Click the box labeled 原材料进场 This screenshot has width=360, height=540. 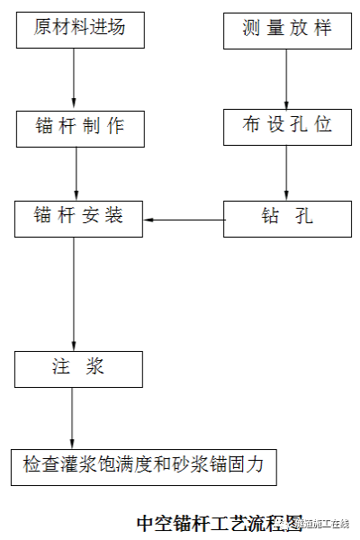tap(80, 29)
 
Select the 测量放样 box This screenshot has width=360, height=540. tap(286, 29)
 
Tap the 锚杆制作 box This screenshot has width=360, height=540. tap(80, 127)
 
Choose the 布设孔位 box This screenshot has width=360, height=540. tap(286, 126)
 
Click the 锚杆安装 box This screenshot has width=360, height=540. tap(79, 218)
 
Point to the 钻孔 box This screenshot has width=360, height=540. tap(286, 218)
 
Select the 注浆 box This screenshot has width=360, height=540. tap(79, 368)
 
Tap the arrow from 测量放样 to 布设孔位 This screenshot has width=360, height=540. tap(286, 79)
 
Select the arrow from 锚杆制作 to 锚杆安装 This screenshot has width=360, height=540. tap(76, 173)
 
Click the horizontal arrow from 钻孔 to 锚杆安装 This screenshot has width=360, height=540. tap(184, 219)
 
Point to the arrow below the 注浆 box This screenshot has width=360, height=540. tap(73, 416)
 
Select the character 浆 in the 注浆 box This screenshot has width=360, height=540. tap(95, 368)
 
